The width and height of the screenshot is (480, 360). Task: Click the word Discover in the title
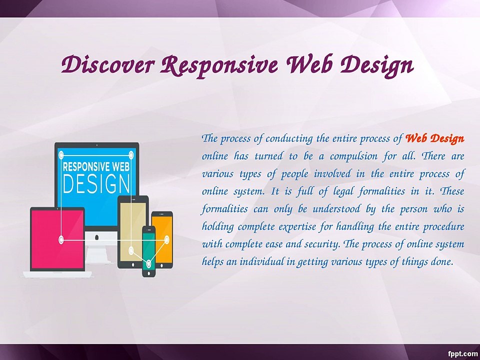107,64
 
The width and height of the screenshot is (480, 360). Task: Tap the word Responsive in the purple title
219,66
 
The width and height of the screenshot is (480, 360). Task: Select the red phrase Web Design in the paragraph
434,138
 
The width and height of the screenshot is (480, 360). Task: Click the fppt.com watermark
462,354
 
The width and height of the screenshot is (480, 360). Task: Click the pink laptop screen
57,239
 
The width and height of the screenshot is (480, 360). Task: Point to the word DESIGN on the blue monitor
96,184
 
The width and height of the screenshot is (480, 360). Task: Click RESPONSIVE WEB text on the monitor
96,167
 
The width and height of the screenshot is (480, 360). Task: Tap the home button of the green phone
149,273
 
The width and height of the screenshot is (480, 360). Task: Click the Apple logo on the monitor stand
97,237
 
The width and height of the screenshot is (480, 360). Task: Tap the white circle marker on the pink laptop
61,239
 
